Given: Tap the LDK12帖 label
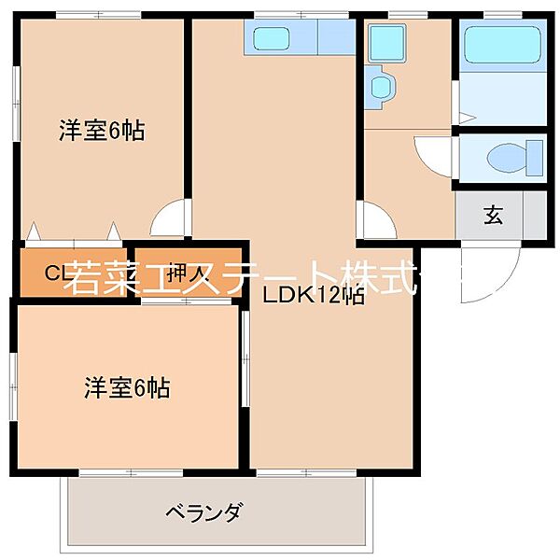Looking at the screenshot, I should click(312, 298).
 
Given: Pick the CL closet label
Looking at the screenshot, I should click(58, 273).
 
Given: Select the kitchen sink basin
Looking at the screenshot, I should click(273, 39).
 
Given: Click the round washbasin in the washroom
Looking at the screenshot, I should click(383, 86).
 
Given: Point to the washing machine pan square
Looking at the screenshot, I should click(383, 42).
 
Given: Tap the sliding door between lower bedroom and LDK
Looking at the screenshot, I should click(245, 359).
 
